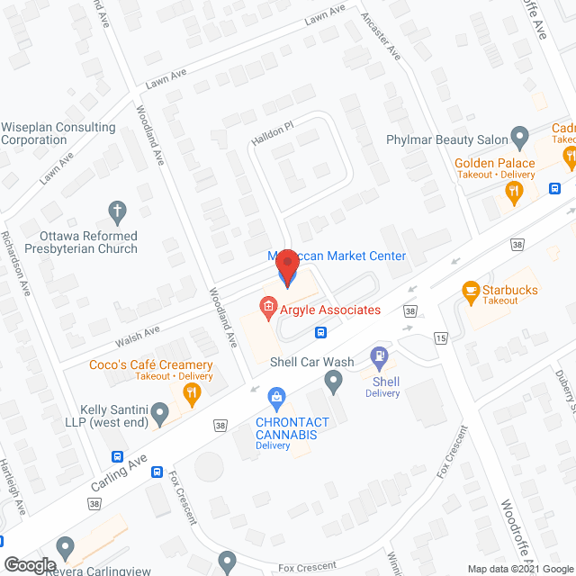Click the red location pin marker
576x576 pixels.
(x=287, y=266)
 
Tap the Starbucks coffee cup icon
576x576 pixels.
(x=470, y=290)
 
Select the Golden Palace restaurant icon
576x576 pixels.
(x=514, y=190)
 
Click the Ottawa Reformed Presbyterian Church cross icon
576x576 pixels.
(x=116, y=212)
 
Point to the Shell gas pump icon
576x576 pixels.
(x=380, y=357)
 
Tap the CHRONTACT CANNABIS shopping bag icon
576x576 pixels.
(x=277, y=396)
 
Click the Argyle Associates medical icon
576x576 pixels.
(x=267, y=310)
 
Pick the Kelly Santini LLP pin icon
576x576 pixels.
(x=160, y=415)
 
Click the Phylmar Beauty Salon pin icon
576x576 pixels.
(x=519, y=137)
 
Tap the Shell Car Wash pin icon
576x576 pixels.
(x=334, y=383)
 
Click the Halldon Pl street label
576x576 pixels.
(x=273, y=132)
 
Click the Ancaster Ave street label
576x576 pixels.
(x=380, y=36)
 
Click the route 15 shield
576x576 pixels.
(x=440, y=338)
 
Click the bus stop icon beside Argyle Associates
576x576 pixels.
(x=320, y=331)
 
